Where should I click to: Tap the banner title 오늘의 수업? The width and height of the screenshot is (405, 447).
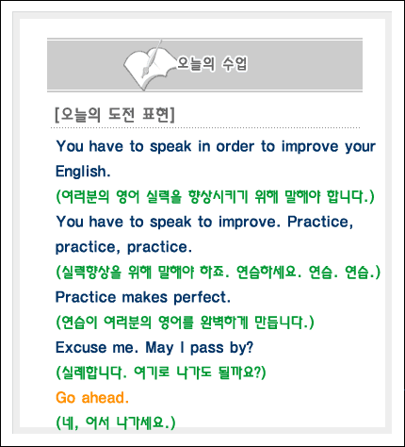point(212,64)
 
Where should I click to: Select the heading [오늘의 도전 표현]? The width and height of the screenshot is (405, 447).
point(115,115)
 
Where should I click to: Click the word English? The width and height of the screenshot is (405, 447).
point(83,172)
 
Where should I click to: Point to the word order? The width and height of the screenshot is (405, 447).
point(235,146)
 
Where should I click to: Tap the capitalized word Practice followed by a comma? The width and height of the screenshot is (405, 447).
point(320,223)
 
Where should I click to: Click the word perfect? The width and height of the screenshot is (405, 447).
point(202,297)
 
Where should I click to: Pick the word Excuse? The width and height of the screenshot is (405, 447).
point(81,348)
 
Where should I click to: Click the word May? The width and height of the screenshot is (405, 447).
point(159,349)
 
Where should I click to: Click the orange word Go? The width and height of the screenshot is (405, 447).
point(66,398)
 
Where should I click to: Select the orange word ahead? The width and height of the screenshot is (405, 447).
point(105,398)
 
